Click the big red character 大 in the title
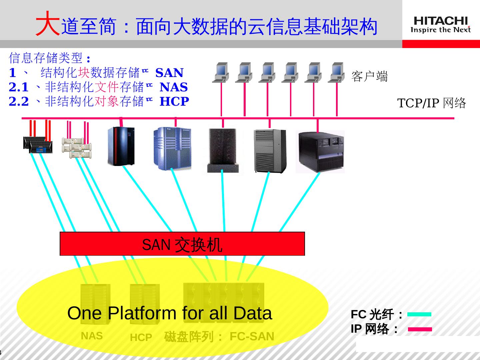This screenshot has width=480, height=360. (47, 24)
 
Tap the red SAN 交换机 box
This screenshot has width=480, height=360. (182, 244)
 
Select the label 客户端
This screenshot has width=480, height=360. (369, 76)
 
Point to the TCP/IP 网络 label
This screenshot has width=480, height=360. (431, 103)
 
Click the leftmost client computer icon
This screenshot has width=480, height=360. (221, 72)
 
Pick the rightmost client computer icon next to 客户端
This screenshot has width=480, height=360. (336, 72)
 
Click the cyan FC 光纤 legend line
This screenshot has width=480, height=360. (419, 314)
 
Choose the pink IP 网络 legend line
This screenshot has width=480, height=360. (420, 329)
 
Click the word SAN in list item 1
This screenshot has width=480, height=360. (169, 73)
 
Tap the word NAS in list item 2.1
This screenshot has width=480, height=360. (174, 87)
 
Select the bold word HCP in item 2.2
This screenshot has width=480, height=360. (174, 101)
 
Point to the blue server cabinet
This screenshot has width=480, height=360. (172, 148)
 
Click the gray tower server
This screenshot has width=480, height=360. (270, 151)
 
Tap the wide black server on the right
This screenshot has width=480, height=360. (320, 152)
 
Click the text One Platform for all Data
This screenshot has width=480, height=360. (169, 313)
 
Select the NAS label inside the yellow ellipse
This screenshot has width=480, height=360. (92, 336)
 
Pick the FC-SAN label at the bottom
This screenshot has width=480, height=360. (252, 337)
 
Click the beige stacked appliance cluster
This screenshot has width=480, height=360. (77, 147)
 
